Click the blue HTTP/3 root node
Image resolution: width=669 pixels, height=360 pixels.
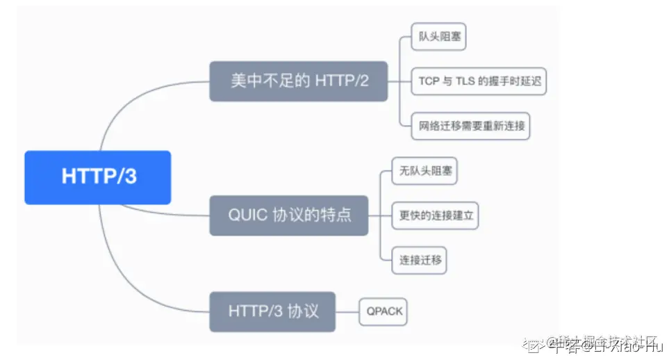click(x=98, y=177)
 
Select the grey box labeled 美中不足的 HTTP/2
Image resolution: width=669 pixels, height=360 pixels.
click(x=299, y=81)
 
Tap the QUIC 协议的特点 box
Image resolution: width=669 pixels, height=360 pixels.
click(x=290, y=215)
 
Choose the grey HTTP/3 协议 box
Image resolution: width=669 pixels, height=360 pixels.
click(x=273, y=311)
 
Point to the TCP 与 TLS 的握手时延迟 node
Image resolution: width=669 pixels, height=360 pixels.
click(x=479, y=81)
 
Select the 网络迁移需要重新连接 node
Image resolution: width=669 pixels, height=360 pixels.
click(x=470, y=126)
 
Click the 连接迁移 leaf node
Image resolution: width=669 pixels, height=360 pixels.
click(x=419, y=260)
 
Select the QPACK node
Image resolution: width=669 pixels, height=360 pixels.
click(x=384, y=311)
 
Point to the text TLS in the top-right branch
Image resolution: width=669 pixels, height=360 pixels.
click(x=464, y=81)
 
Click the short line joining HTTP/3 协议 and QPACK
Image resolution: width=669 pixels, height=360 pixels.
click(x=348, y=311)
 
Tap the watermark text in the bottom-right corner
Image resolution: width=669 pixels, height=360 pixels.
click(x=597, y=343)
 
